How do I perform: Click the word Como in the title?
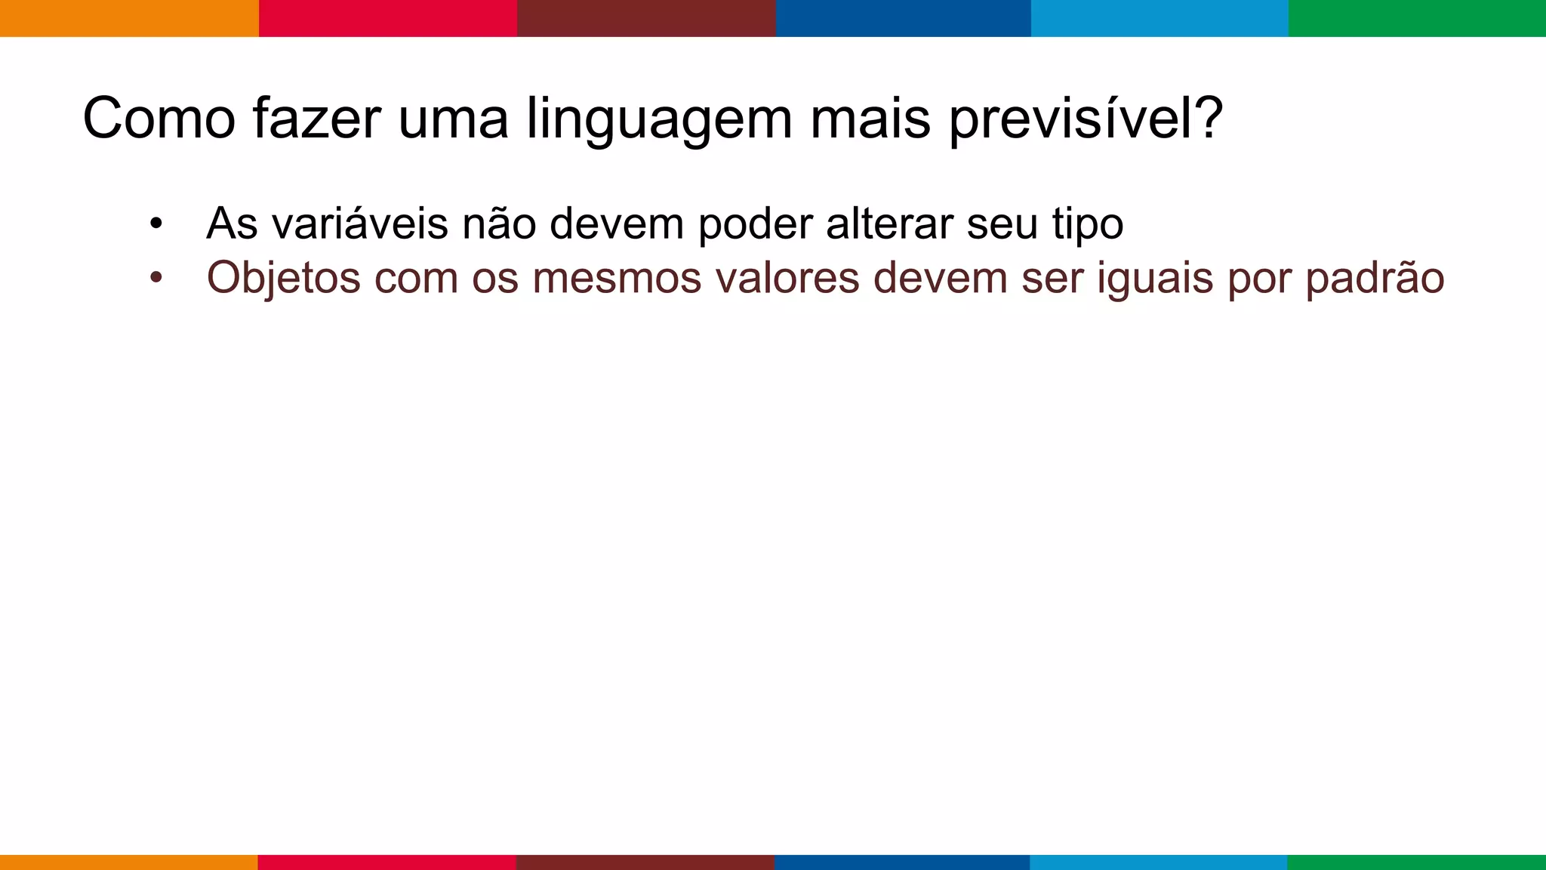159,119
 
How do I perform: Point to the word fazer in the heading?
316,119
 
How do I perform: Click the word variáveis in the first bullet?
360,224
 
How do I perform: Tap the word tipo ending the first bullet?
1088,225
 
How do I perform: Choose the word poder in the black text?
756,224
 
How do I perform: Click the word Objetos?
284,279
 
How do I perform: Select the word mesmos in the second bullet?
616,278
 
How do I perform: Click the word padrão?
1375,279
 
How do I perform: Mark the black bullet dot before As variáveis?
156,224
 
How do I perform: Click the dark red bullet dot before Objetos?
156,278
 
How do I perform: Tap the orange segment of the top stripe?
129,18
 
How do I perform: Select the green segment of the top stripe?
1417,18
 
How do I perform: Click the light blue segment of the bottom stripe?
1158,862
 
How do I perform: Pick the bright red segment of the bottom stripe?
386,862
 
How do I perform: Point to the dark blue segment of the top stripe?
903,18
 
